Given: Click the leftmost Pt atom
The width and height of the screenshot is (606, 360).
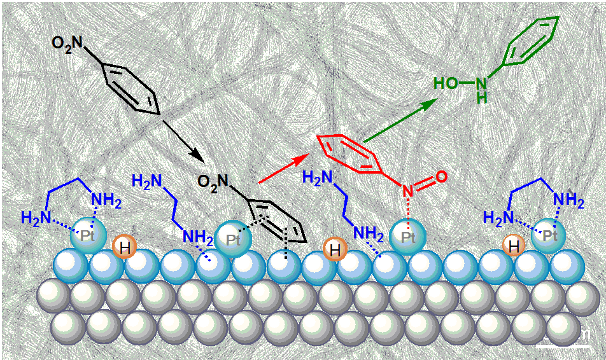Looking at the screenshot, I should tap(85, 238).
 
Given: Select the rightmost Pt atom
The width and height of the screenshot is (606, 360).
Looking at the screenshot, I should tap(550, 235).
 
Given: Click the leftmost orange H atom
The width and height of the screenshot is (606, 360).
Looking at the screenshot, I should tap(124, 247).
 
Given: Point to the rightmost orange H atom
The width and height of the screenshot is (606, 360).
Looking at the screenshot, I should tap(514, 245).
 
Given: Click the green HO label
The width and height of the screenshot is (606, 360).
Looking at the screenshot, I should tap(446, 83).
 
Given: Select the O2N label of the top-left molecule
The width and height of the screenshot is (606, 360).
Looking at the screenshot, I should tap(67, 44).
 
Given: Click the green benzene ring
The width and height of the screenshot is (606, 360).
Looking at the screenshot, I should tap(532, 41).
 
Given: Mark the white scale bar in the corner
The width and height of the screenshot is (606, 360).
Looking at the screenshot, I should tap(561, 345).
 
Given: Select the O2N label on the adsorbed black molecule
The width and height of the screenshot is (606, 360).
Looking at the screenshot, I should tap(214, 183).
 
